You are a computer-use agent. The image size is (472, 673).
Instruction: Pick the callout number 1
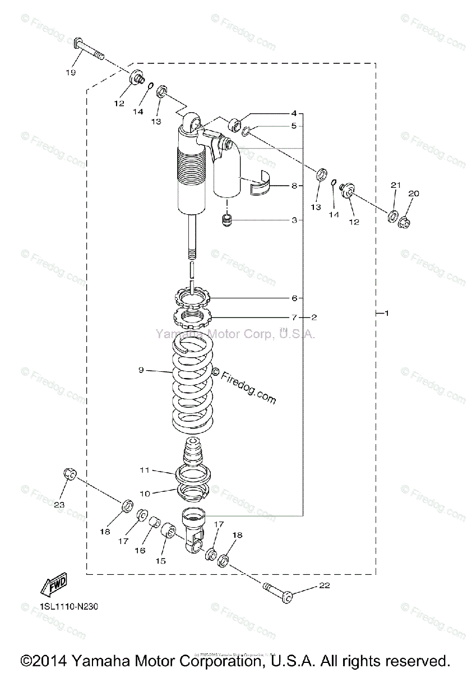[386, 313]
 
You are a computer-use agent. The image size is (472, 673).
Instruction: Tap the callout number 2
[314, 317]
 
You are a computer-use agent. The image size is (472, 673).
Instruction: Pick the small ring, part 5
[247, 131]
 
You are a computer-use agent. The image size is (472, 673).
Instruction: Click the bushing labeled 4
[235, 123]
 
